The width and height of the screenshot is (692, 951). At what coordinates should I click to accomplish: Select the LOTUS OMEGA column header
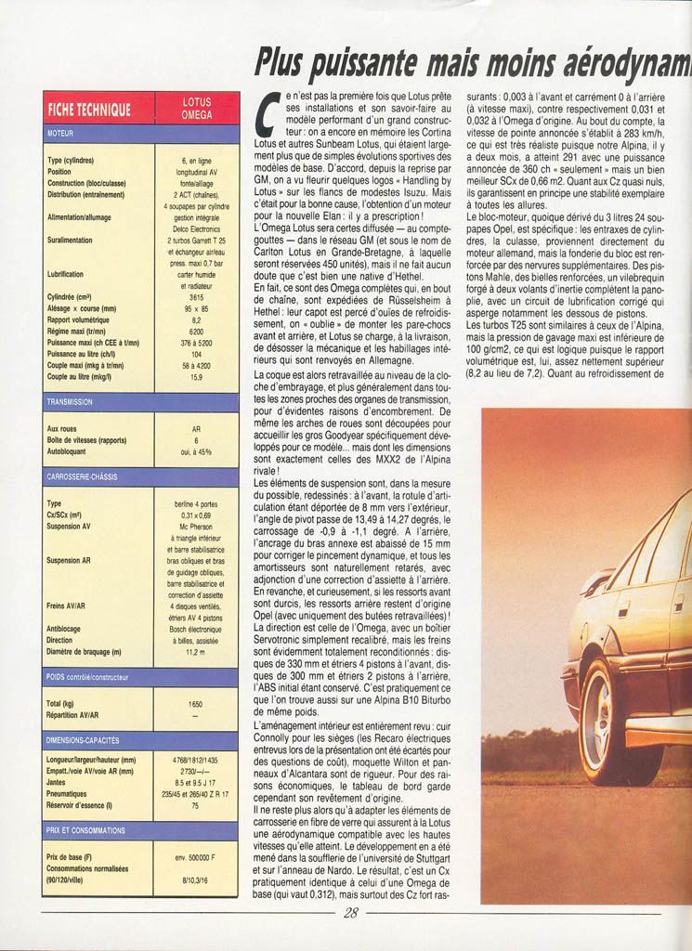(x=196, y=109)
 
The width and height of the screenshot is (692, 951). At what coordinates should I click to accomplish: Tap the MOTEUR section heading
(x=60, y=134)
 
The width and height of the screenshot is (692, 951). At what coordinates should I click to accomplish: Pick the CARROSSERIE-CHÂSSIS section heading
(x=82, y=476)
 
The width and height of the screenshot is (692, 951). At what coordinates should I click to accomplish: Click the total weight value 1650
(x=195, y=704)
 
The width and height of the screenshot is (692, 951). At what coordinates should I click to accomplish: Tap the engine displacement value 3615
(x=196, y=296)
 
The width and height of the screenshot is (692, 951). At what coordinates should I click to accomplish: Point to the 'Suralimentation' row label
(x=70, y=240)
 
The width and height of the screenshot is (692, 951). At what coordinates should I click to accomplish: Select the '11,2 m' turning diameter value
(x=195, y=652)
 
